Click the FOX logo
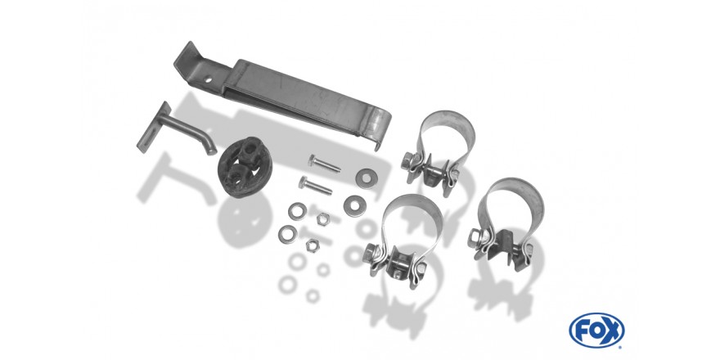(x=596, y=331)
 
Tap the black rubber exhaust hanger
(x=245, y=167)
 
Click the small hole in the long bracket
(x=208, y=79)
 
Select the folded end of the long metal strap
(x=380, y=129)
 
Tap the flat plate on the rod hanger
(x=154, y=127)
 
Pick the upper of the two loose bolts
(x=324, y=164)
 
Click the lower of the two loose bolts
(x=315, y=185)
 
